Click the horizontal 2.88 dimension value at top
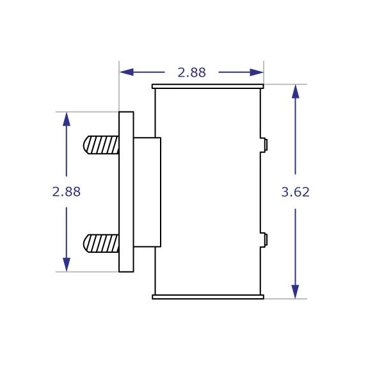(191, 73)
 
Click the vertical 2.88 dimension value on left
(67, 191)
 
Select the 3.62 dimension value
(295, 191)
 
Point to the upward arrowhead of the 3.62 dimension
(295, 92)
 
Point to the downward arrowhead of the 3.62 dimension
(295, 291)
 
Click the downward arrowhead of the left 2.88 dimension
(67, 264)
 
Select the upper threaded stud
(101, 145)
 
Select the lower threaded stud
(101, 243)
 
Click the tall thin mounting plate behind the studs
(126, 192)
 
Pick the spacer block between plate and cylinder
(147, 192)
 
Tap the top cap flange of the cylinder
(207, 86)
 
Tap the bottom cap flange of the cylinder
(207, 297)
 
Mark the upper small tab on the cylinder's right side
(264, 145)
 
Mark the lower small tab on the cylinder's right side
(264, 240)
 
